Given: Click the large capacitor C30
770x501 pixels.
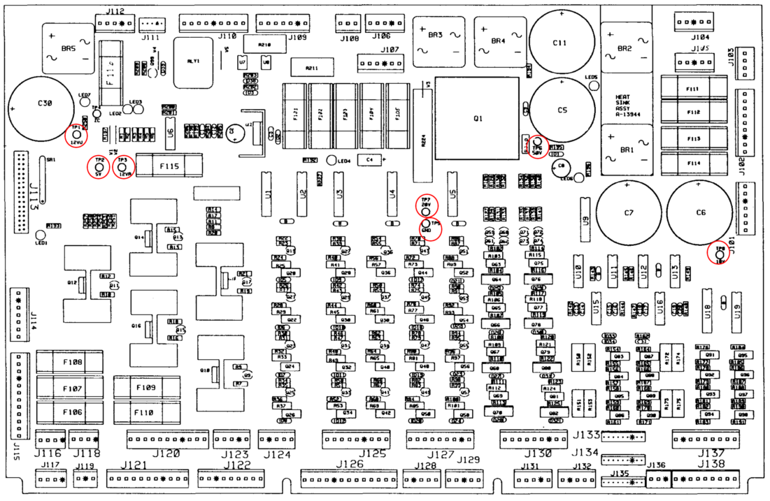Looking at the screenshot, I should [44, 103].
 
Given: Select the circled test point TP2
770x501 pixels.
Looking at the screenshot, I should [99, 166].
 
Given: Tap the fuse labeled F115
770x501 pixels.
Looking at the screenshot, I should [169, 166].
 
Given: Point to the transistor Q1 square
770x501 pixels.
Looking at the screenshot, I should [478, 119].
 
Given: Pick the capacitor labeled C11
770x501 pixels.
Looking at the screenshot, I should [559, 41].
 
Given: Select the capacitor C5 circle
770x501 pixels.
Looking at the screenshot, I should [561, 109].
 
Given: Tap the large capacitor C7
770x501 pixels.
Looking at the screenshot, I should [628, 212].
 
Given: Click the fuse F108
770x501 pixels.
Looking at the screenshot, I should [72, 363].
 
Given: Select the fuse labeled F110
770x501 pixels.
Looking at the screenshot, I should [145, 412].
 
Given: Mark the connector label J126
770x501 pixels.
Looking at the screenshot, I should [350, 465].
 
